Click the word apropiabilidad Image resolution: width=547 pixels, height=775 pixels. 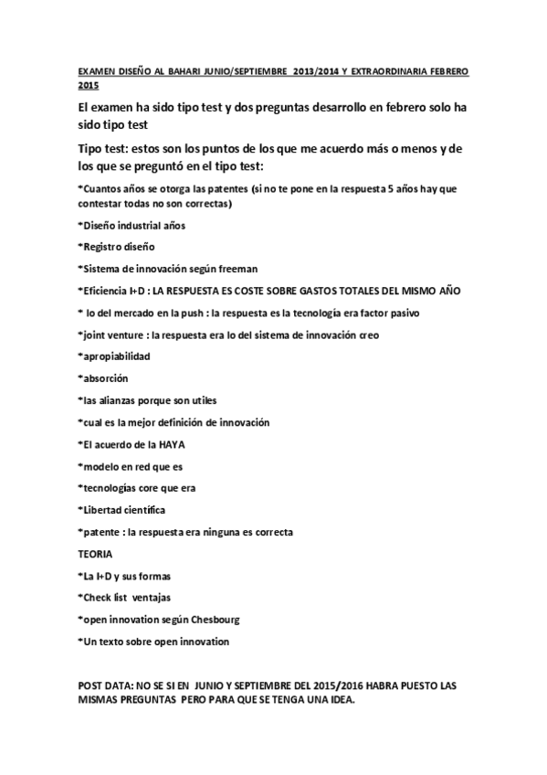[x=116, y=356]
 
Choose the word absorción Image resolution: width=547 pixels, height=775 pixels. [x=105, y=378]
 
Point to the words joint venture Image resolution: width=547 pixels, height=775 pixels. [x=114, y=334]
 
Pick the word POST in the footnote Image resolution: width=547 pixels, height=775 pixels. [x=90, y=685]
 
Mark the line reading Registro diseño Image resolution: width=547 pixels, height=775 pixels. [x=118, y=247]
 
